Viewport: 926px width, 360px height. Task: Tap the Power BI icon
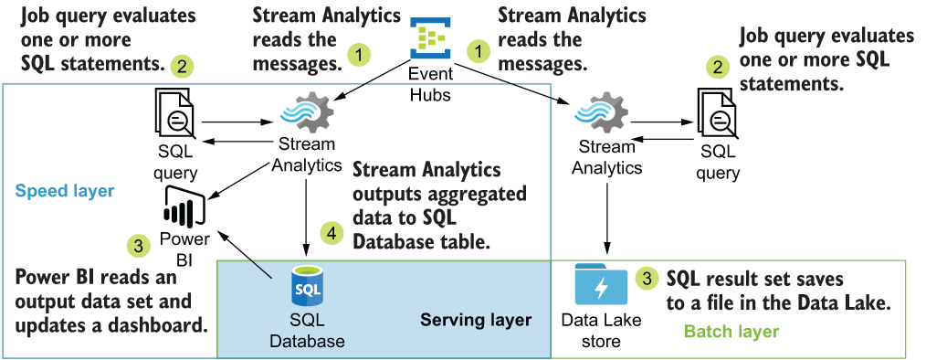click(x=184, y=206)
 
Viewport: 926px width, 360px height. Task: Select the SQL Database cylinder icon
click(x=307, y=288)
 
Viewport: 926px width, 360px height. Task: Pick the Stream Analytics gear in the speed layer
click(x=306, y=113)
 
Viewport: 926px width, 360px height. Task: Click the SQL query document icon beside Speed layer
click(x=174, y=113)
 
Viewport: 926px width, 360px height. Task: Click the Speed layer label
click(x=64, y=191)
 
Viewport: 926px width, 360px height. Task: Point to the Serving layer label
click(x=476, y=320)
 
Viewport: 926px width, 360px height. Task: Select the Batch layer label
click(x=731, y=332)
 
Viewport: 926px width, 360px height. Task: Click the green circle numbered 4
click(x=331, y=234)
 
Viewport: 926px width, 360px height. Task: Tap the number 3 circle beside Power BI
click(x=139, y=246)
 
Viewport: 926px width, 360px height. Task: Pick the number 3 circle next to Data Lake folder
click(x=647, y=279)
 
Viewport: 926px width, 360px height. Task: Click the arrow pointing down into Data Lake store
click(x=606, y=217)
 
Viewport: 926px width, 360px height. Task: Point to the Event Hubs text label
click(x=431, y=83)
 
